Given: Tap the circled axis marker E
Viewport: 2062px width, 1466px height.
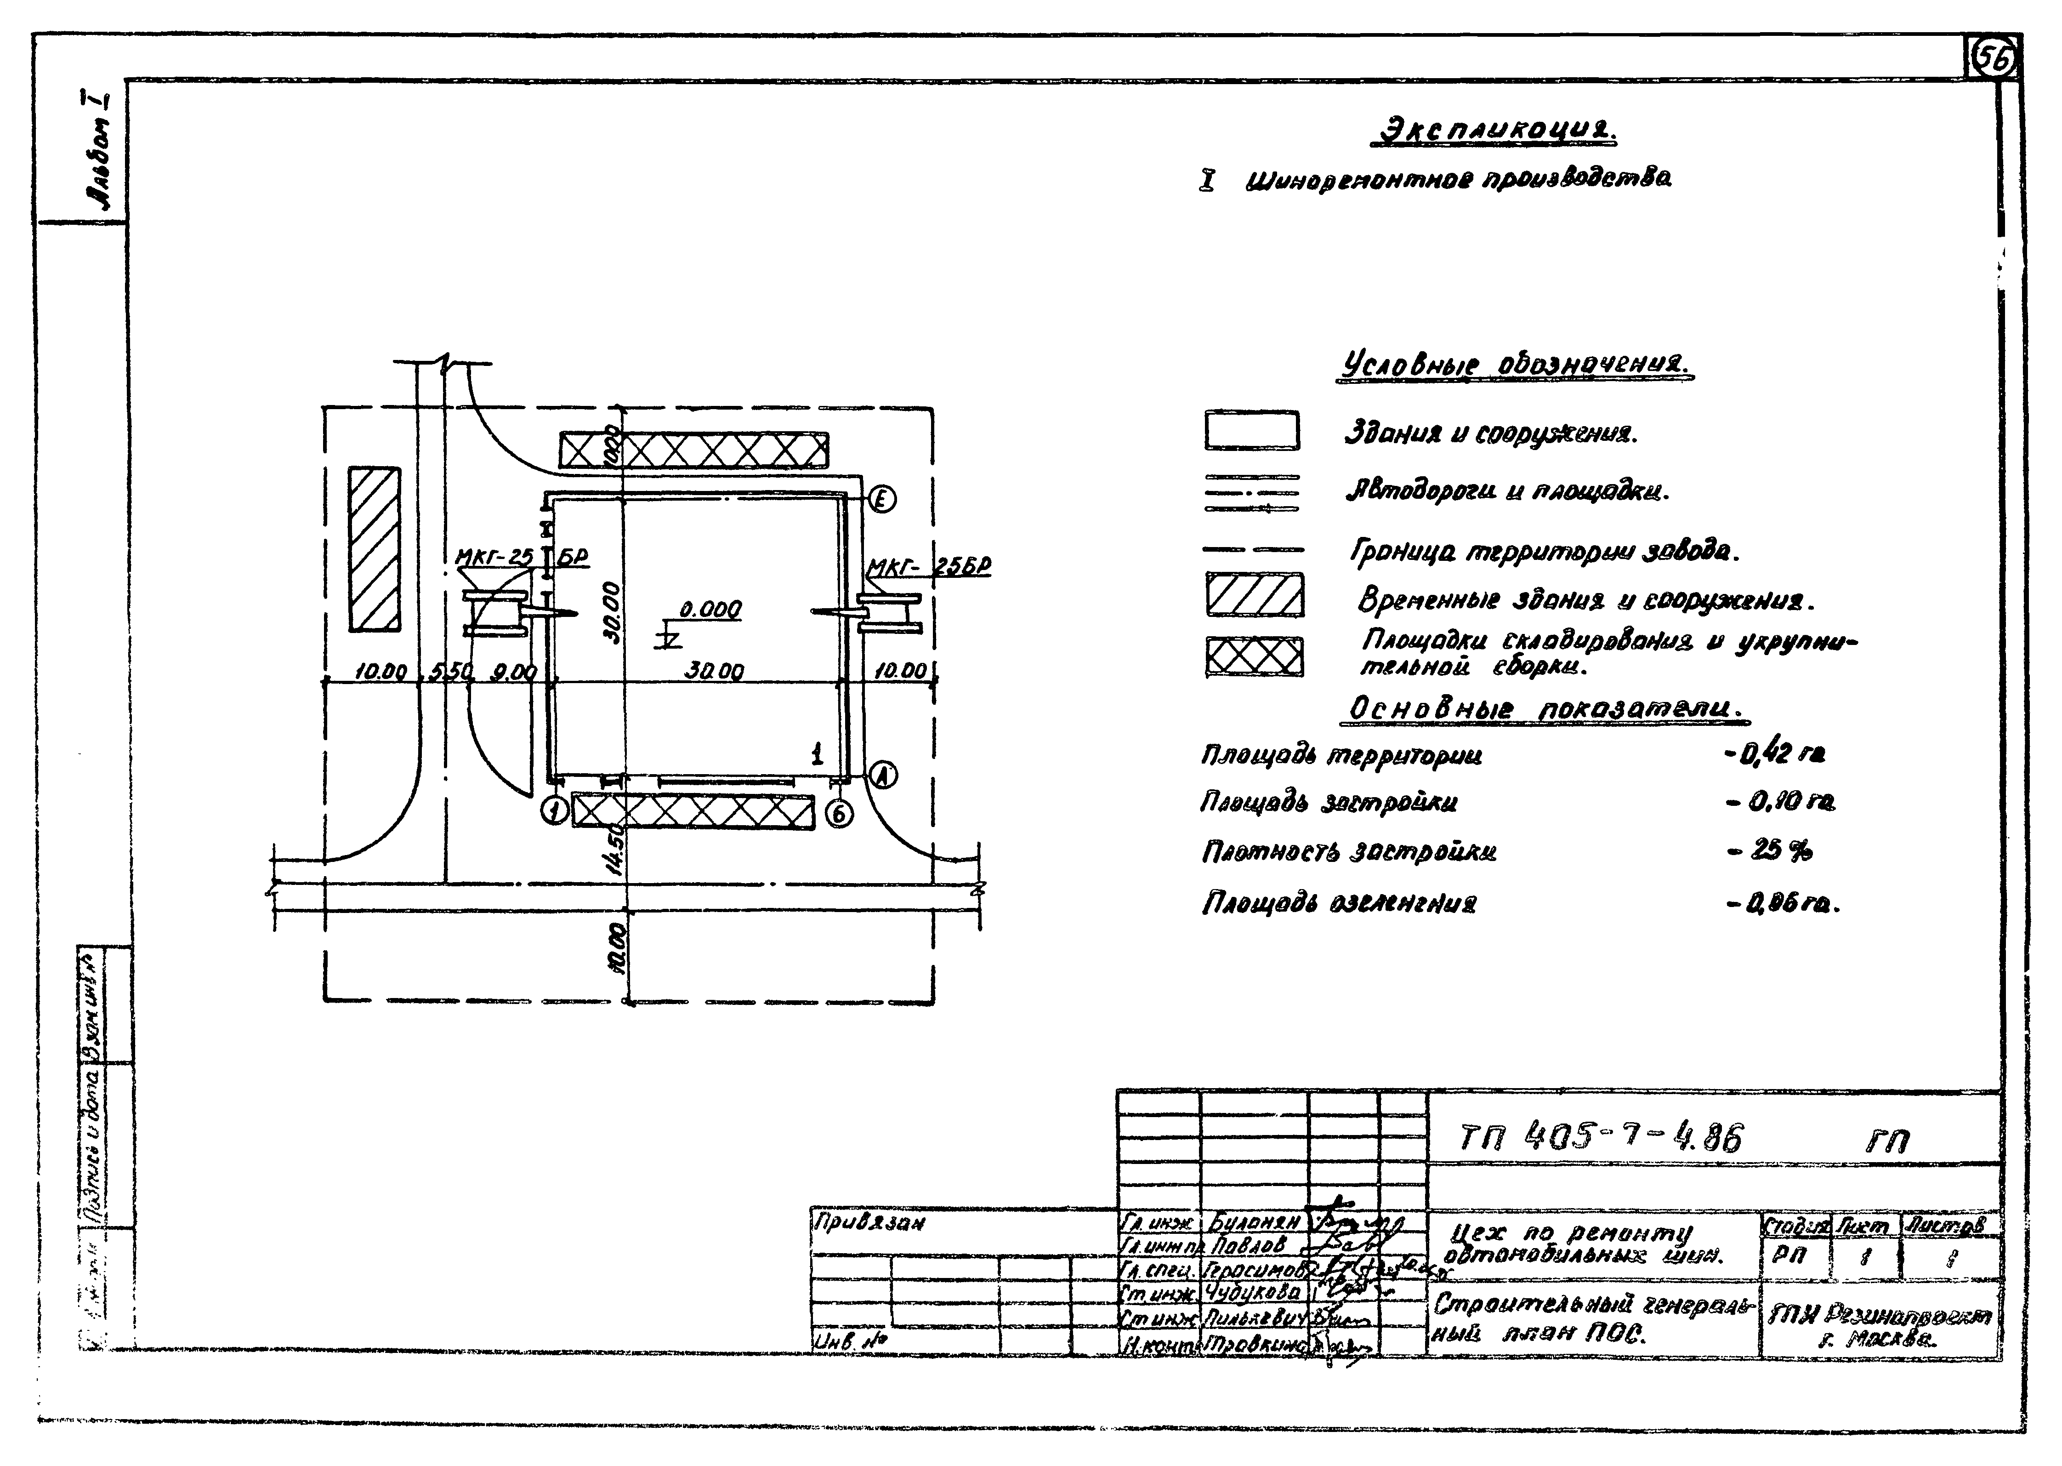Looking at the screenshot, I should click(x=882, y=499).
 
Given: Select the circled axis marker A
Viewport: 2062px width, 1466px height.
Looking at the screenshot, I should click(x=882, y=775).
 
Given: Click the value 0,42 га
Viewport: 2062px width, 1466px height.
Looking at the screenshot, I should click(x=1773, y=753).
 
